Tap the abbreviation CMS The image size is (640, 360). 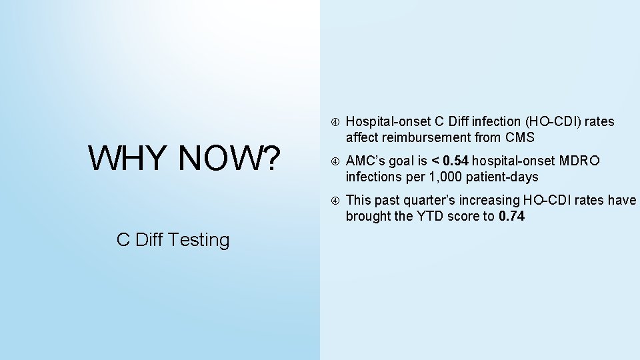pos(520,138)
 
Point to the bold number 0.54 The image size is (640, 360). pos(457,161)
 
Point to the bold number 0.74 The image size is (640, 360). pos(512,216)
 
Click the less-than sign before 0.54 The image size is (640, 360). pos(435,161)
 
